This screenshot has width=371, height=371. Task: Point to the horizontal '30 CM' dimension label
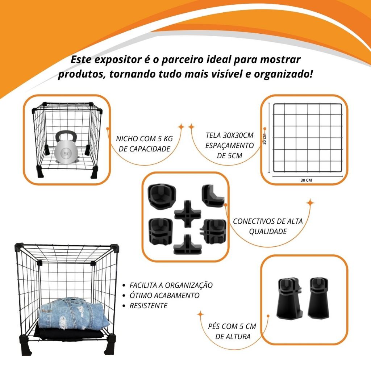pos(306,180)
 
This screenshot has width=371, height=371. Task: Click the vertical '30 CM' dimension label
pos(264,139)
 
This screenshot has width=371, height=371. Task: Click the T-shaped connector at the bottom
pos(187,245)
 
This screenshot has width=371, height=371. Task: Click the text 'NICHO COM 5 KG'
pos(144,139)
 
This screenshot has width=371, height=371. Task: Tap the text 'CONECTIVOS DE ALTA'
pos(268,221)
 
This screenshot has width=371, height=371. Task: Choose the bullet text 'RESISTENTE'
pos(148,306)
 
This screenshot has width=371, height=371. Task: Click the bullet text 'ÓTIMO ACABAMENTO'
pos(164,295)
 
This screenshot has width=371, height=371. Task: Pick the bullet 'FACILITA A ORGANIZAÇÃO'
pos(171,285)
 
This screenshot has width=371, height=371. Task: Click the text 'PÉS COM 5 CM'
pos(232,326)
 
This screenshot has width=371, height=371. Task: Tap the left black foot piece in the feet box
pos(290,298)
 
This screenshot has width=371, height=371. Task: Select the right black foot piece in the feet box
pos(318,298)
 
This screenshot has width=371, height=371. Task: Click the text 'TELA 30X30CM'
pos(229,136)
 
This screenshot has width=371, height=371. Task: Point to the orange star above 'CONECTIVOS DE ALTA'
pos(310,203)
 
